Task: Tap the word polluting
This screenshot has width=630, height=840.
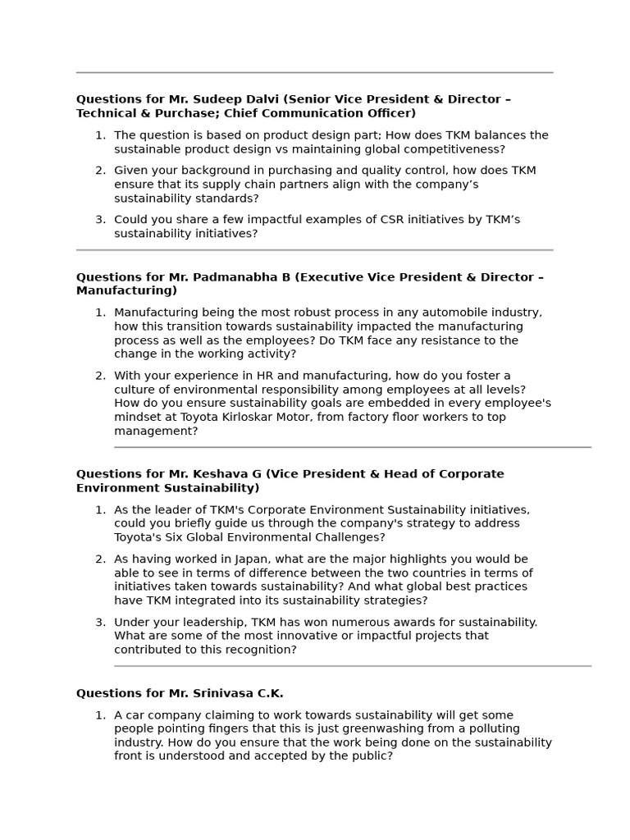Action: pyautogui.click(x=490, y=728)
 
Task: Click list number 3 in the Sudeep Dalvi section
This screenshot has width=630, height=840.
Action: pyautogui.click(x=100, y=220)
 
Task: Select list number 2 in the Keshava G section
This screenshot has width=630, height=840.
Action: pyautogui.click(x=100, y=559)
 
